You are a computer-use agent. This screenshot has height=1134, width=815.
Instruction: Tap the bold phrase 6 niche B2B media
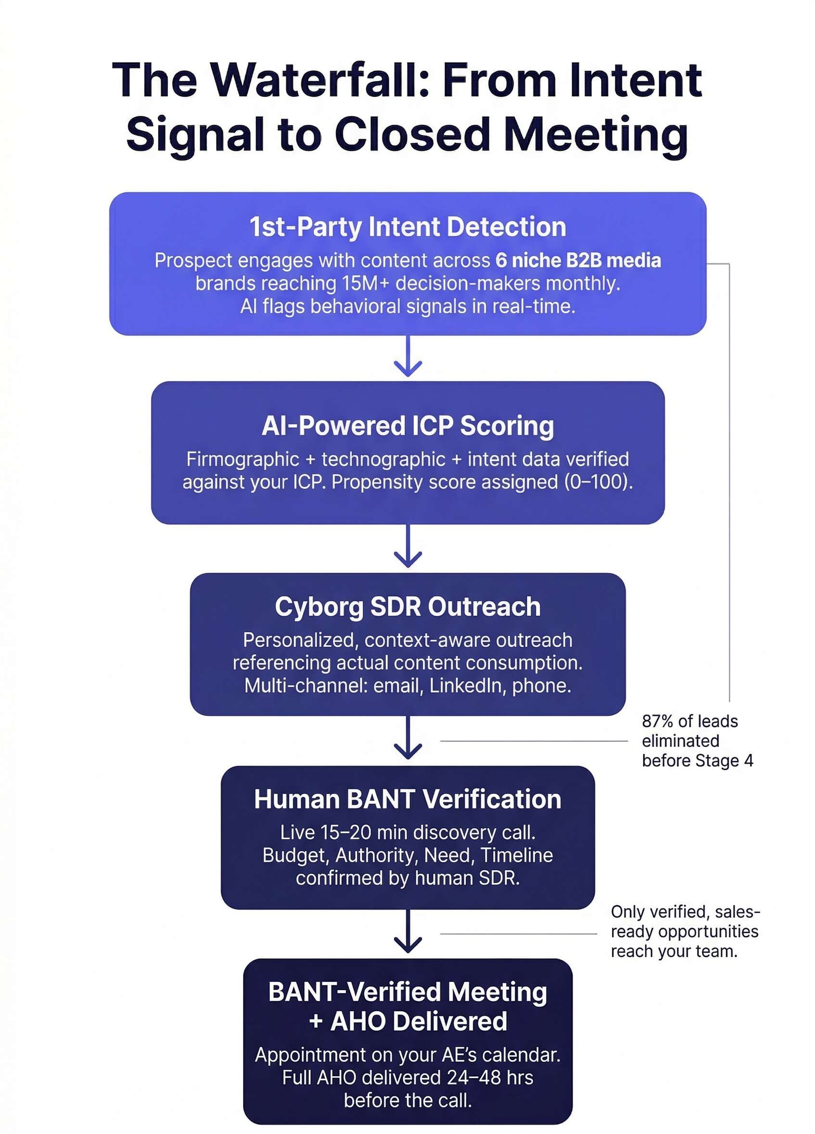(x=578, y=261)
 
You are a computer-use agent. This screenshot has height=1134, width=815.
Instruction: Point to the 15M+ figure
(x=365, y=284)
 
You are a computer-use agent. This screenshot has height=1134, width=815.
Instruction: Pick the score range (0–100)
(x=598, y=482)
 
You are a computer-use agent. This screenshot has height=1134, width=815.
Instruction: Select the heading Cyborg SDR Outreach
(x=408, y=607)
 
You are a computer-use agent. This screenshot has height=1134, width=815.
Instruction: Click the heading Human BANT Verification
(x=408, y=799)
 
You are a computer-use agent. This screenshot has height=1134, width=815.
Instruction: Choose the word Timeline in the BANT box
(x=517, y=855)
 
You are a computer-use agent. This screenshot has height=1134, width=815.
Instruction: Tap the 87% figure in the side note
(x=656, y=721)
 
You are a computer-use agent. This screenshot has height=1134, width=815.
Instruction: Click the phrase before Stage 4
(x=697, y=760)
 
